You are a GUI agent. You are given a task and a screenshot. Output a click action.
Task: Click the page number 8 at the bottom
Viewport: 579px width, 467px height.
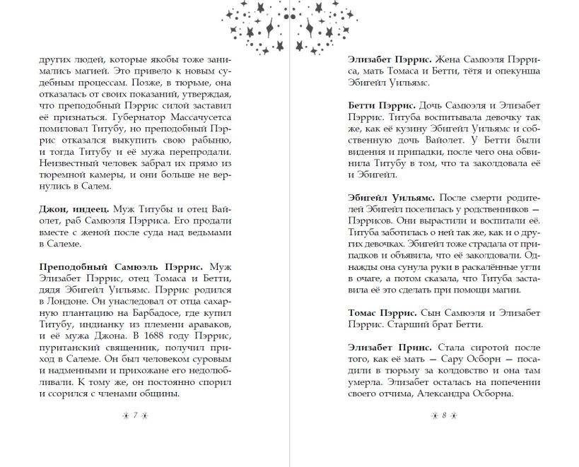pyautogui.click(x=444, y=416)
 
